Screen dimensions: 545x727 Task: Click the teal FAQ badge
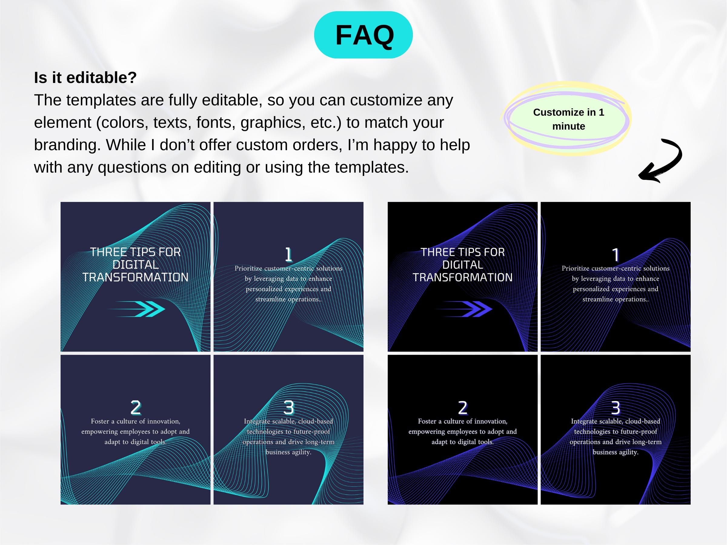click(x=363, y=35)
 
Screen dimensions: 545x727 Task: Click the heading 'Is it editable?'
click(x=85, y=78)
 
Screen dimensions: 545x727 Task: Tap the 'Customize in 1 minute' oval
click(x=568, y=119)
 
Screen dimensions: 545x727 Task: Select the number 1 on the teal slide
click(x=288, y=255)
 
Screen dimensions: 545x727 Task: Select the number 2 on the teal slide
click(x=136, y=408)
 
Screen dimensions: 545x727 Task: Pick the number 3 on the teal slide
click(x=289, y=408)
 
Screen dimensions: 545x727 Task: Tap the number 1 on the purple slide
click(x=616, y=255)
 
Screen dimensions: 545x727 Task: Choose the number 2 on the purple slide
click(x=463, y=408)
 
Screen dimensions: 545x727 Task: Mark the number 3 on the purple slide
click(x=616, y=408)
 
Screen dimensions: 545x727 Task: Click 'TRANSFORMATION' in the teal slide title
click(x=135, y=278)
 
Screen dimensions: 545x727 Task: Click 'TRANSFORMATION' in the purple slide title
click(x=463, y=278)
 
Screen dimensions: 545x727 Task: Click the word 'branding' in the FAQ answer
click(x=67, y=145)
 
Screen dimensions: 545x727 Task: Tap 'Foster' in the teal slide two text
click(x=100, y=421)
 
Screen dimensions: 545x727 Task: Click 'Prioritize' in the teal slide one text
click(x=248, y=268)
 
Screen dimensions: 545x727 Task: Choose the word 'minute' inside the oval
click(x=569, y=126)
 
